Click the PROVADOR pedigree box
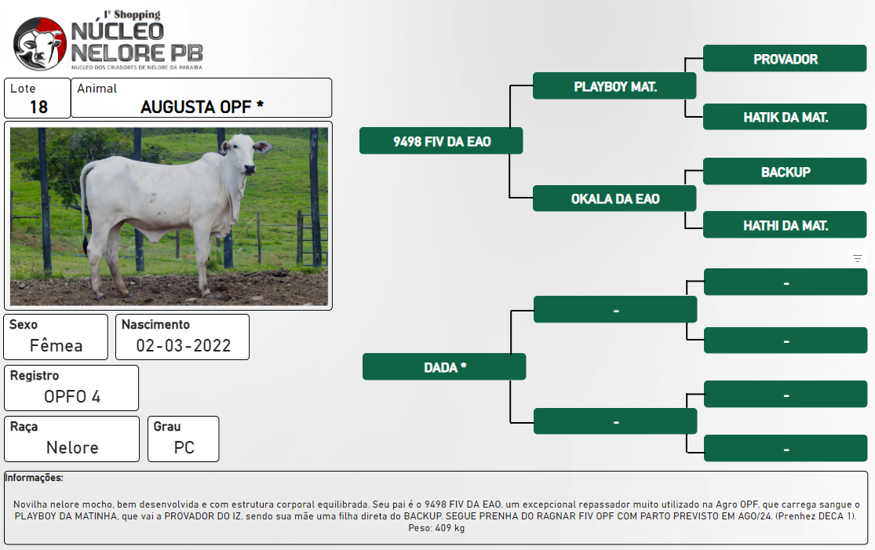point(785,59)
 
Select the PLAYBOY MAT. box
point(614,86)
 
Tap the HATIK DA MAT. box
point(785,117)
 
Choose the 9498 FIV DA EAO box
point(441,140)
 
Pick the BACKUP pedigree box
point(785,171)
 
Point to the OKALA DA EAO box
point(614,198)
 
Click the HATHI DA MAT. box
point(785,225)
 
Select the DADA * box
point(444,366)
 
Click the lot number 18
point(38,107)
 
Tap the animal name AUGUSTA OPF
point(196,107)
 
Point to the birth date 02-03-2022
point(184,345)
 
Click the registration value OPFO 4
point(72,396)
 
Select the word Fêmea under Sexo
point(56,345)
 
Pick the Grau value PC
point(184,447)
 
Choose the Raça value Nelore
point(72,447)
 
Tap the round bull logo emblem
point(39,43)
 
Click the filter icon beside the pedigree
point(858,258)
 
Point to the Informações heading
point(34,478)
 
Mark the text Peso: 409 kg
point(436,528)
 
